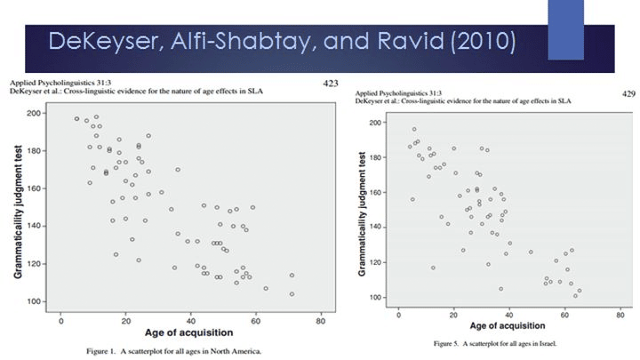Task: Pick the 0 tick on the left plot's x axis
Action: [x=60, y=320]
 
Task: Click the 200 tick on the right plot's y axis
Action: [x=380, y=123]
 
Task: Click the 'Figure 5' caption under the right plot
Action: [x=449, y=342]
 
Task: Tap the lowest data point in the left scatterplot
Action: [x=292, y=293]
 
